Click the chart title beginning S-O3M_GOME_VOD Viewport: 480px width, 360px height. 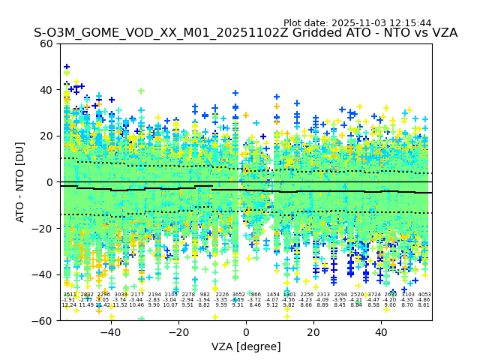245,33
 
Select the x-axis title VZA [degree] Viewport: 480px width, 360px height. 246,346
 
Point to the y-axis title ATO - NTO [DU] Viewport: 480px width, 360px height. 21,182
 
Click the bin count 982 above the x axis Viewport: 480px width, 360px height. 205,295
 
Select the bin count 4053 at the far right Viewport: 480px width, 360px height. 424,295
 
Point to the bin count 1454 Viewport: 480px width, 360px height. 272,295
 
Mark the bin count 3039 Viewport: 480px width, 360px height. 120,295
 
